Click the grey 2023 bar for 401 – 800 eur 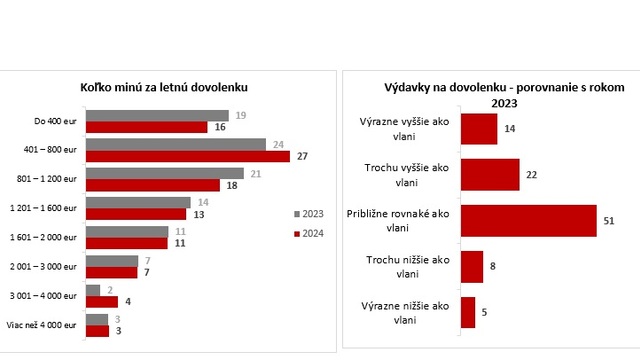(x=175, y=144)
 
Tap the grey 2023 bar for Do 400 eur (x=157, y=115)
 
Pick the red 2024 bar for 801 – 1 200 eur (x=152, y=185)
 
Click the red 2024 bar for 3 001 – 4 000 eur (x=101, y=301)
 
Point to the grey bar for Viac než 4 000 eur (x=96, y=319)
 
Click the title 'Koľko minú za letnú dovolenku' (x=164, y=87)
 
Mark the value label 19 (x=240, y=115)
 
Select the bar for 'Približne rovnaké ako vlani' (x=529, y=221)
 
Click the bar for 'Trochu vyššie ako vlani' (x=490, y=174)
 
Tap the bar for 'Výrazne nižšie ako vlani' (x=468, y=312)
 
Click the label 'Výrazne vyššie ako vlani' (x=406, y=128)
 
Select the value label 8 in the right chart (x=493, y=267)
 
